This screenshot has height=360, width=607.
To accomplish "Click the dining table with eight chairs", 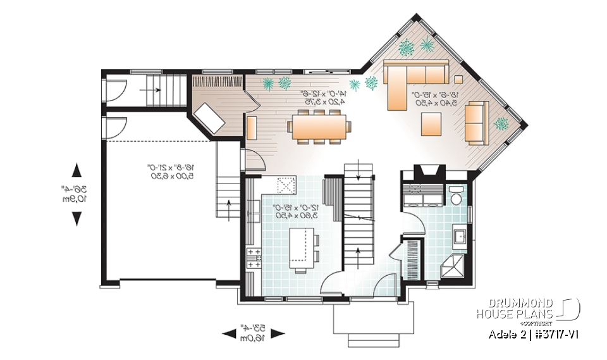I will pyautogui.click(x=319, y=126).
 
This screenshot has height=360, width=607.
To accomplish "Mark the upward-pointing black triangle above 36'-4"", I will pyautogui.click(x=77, y=170).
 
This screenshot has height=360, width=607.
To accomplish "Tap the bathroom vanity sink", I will pyautogui.click(x=460, y=238).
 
